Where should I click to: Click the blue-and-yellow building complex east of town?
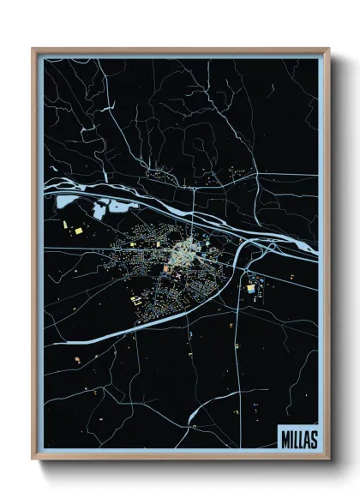point(250,288)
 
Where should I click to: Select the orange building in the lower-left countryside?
point(77,359)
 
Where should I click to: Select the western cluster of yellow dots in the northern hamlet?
point(158,174)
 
